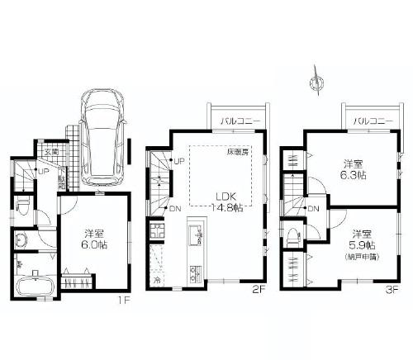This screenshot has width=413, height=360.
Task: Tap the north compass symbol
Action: [313, 81]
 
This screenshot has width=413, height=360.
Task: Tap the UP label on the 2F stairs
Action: [178, 160]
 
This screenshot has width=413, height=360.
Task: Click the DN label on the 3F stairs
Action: [314, 209]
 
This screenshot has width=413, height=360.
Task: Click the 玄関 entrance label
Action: [51, 153]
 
